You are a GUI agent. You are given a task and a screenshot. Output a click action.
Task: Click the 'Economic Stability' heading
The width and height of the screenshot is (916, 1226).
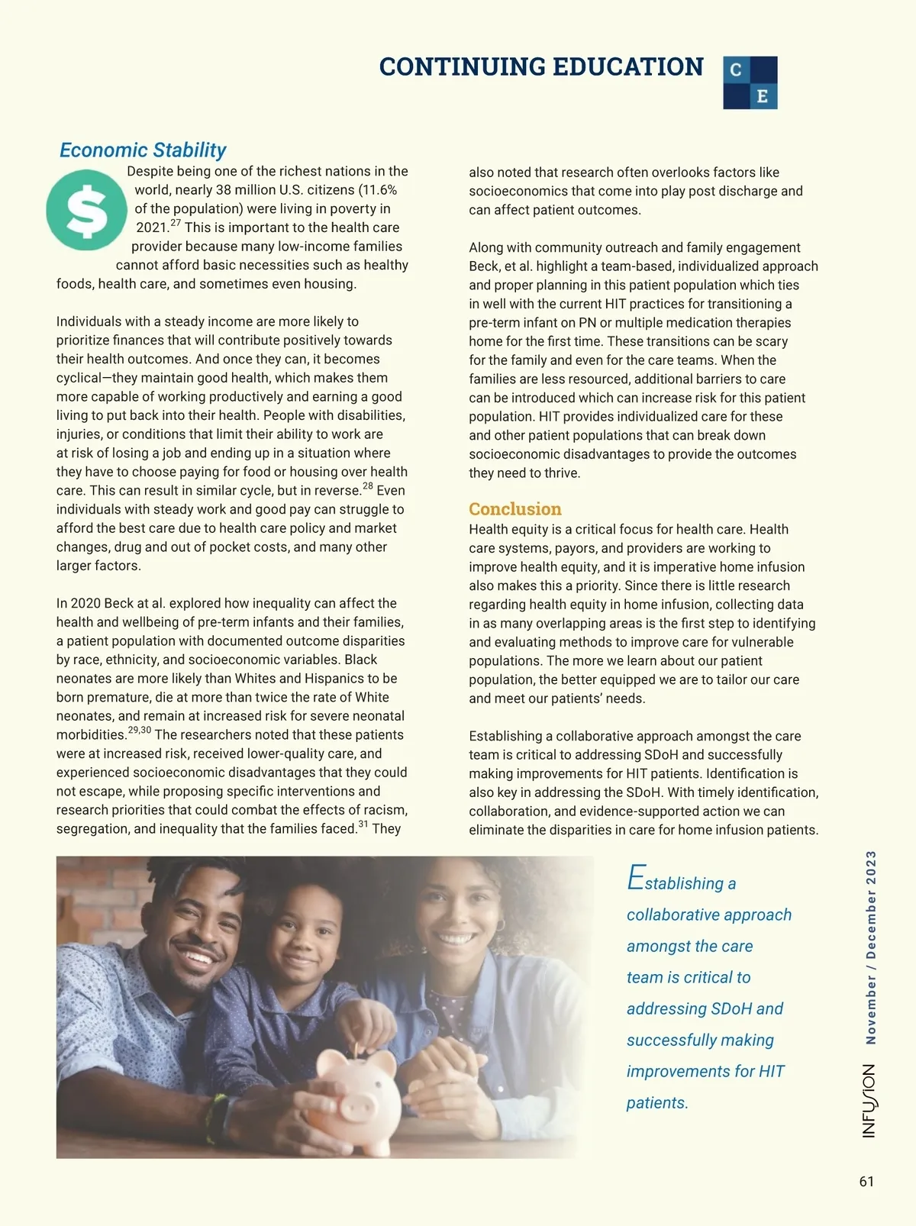click(143, 150)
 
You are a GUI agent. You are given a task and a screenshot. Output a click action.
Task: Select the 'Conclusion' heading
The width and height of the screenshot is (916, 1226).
click(514, 509)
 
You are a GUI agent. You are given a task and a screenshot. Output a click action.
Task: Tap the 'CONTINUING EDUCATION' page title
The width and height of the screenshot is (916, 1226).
click(540, 67)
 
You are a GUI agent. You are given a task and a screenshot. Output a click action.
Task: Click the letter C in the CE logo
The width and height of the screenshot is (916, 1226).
click(736, 69)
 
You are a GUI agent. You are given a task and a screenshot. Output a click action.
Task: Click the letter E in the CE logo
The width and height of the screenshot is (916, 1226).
click(762, 96)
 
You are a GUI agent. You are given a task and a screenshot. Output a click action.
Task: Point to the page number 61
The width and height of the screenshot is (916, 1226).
click(866, 1182)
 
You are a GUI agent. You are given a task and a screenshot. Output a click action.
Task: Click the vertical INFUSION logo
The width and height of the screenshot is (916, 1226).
click(869, 1101)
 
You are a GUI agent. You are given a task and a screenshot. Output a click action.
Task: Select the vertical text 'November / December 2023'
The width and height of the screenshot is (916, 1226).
click(871, 947)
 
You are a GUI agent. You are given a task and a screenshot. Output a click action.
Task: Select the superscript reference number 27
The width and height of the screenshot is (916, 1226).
click(176, 224)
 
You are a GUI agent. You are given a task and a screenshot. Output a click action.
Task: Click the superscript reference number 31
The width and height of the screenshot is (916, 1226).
click(363, 824)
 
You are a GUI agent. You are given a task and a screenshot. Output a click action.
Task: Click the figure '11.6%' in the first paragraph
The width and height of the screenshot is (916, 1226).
click(378, 190)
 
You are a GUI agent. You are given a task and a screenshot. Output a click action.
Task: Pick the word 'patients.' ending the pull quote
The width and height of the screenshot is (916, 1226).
click(657, 1103)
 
